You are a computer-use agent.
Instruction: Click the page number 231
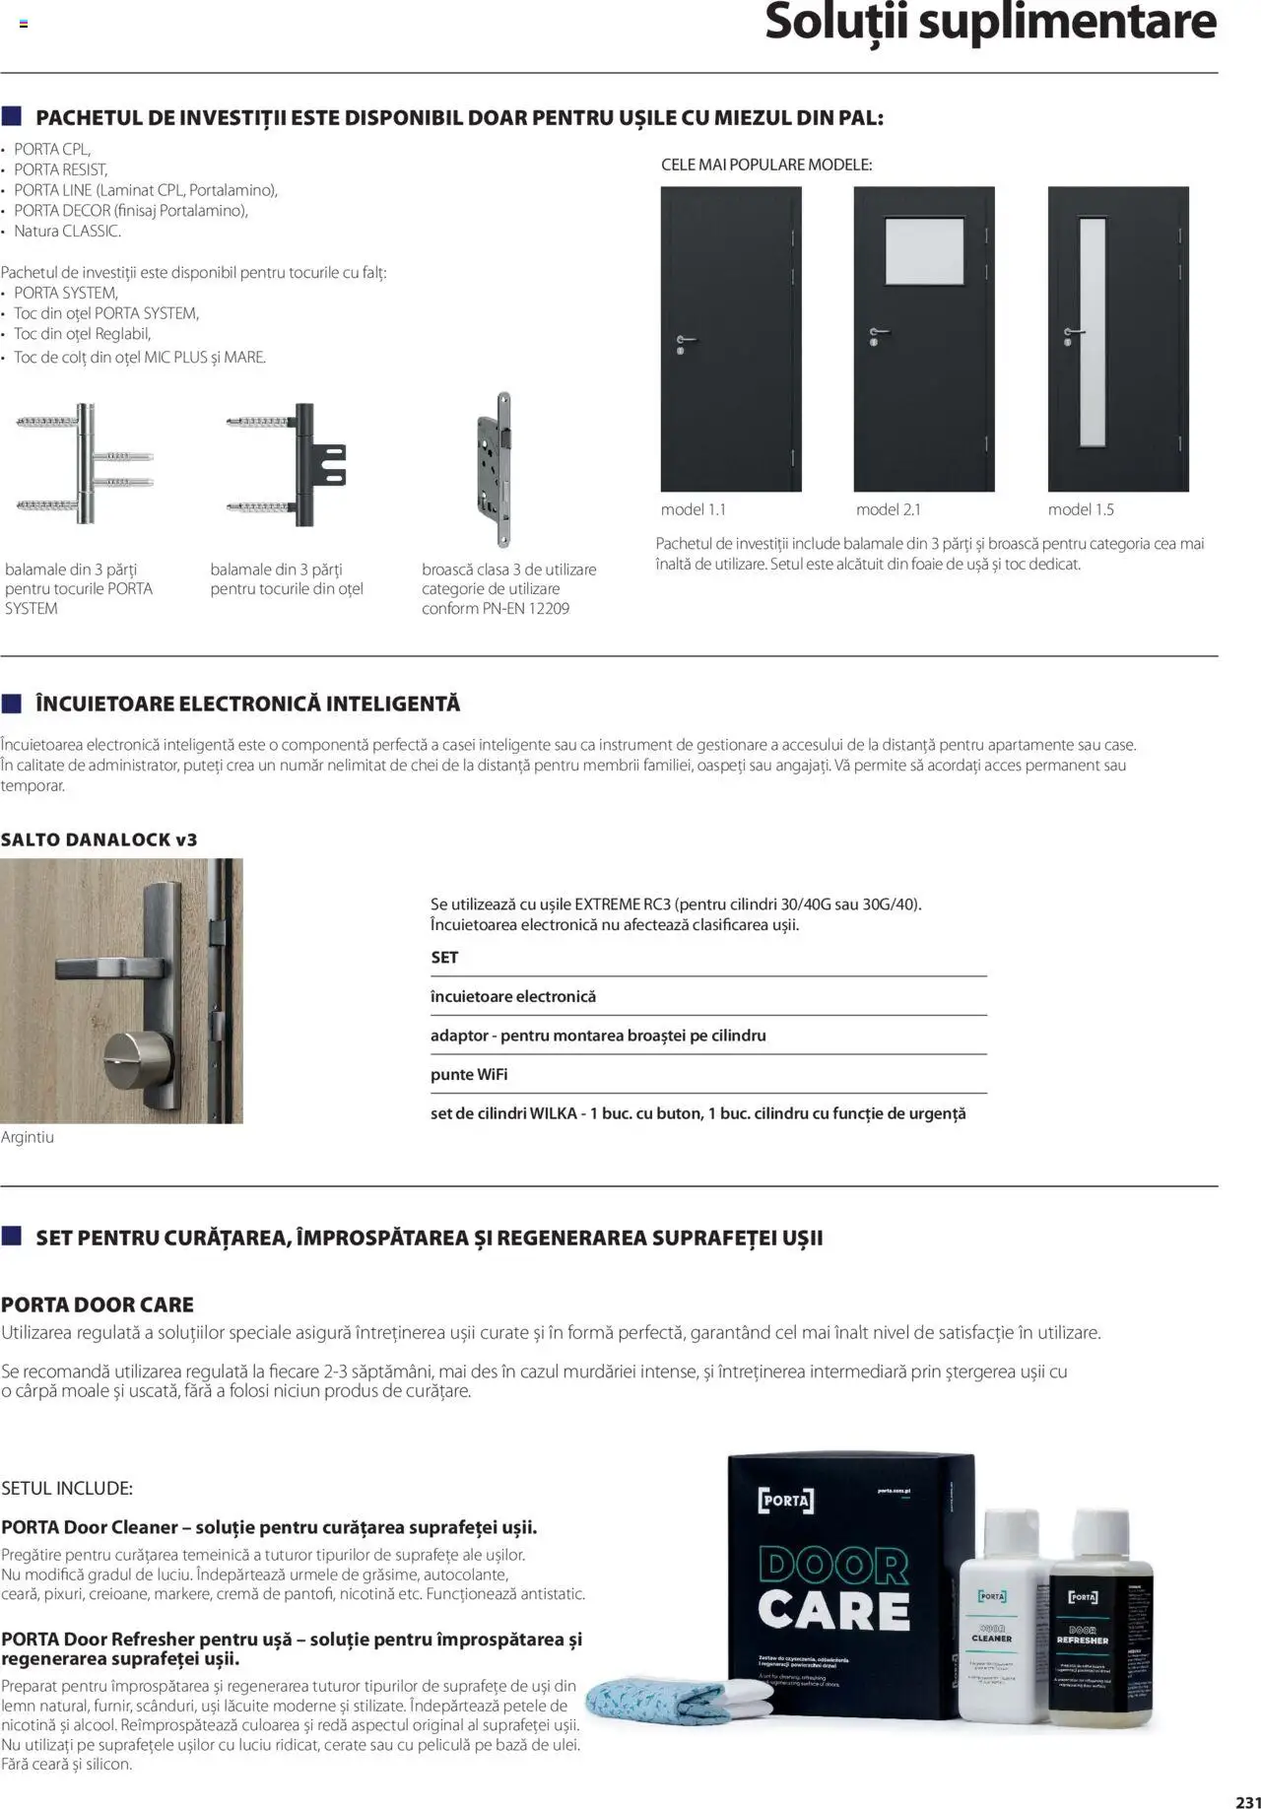[x=1246, y=1793]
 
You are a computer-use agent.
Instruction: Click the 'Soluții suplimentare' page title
[x=990, y=24]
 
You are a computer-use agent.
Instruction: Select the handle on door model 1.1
[x=687, y=340]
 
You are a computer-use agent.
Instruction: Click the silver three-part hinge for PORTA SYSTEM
[x=86, y=463]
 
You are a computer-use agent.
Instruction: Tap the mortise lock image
[x=496, y=469]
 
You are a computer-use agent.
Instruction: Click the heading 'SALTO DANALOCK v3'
[x=100, y=839]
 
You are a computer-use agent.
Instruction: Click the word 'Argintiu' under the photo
[x=28, y=1137]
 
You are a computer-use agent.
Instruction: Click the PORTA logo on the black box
[x=785, y=1500]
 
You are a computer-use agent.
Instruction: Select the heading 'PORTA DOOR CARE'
[x=98, y=1305]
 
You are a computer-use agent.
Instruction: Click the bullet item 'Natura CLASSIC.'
[x=67, y=232]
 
